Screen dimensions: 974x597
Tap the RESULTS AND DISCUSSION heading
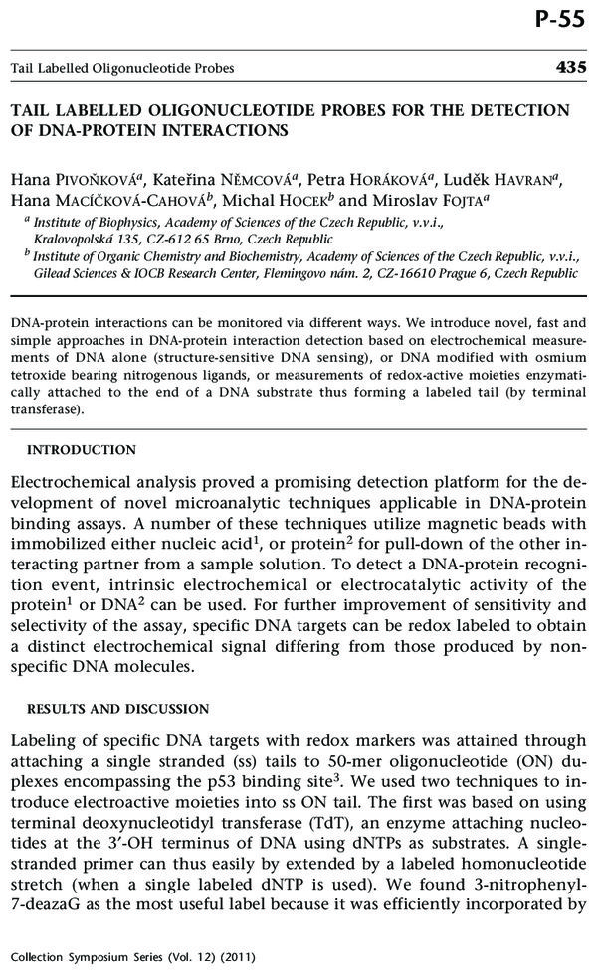117,709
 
